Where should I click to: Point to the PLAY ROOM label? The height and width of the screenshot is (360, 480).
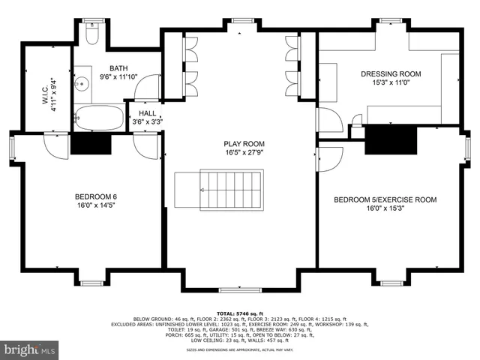(244, 143)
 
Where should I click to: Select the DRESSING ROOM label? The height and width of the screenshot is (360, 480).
(391, 73)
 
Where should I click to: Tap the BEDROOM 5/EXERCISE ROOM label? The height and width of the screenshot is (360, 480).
(385, 199)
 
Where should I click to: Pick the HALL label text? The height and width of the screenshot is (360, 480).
(147, 112)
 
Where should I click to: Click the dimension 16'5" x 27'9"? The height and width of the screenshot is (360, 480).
(244, 152)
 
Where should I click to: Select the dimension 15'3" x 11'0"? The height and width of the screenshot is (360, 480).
(391, 82)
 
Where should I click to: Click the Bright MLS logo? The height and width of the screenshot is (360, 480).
(30, 349)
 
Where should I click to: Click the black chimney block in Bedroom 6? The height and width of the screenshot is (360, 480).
(91, 142)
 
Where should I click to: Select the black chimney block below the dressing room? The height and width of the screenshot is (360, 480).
(389, 139)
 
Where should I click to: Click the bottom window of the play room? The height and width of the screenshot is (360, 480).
(240, 289)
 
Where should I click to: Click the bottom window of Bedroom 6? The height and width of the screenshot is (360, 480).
(91, 283)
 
